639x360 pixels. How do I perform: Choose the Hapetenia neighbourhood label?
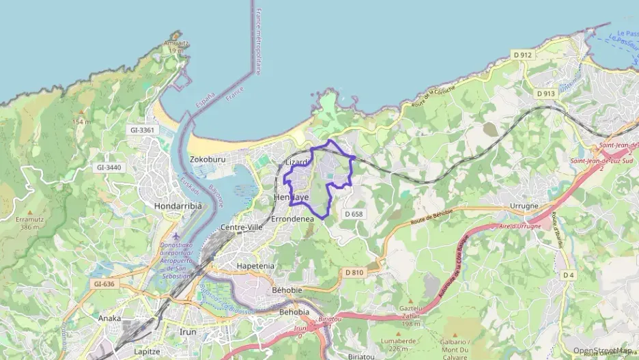click(255, 266)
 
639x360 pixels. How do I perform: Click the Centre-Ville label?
click(242, 227)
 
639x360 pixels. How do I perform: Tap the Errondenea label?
click(292, 219)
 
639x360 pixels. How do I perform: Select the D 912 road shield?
click(522, 55)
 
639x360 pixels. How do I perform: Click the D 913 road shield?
click(545, 94)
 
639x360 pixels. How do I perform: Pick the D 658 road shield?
click(354, 214)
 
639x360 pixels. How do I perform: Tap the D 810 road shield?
click(354, 273)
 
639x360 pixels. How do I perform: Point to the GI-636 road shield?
click(104, 283)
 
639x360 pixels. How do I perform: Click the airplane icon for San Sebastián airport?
click(176, 236)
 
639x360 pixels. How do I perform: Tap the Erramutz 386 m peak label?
click(29, 223)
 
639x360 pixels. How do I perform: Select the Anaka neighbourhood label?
click(109, 318)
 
